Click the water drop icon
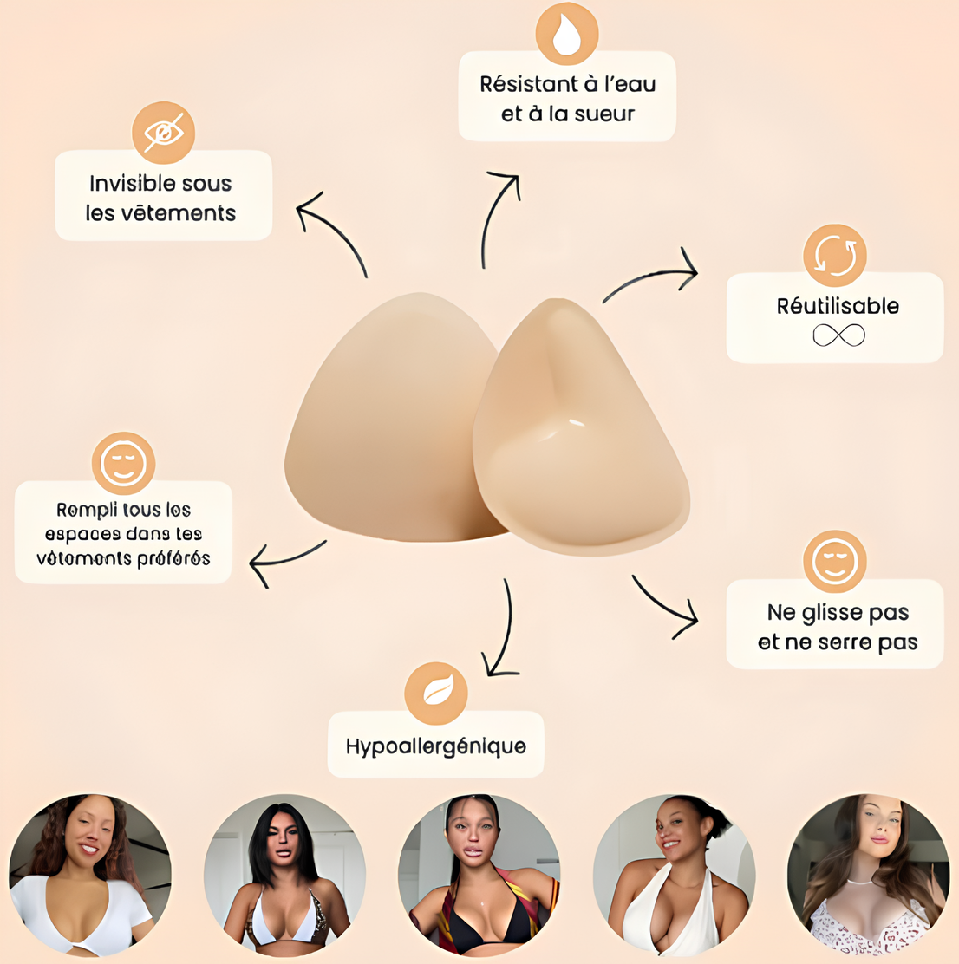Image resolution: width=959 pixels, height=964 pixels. pyautogui.click(x=567, y=35)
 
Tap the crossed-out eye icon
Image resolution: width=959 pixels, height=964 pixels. pyautogui.click(x=163, y=133)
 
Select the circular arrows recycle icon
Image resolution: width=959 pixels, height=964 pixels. pyautogui.click(x=834, y=256)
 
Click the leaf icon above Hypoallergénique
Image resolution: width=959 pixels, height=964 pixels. pyautogui.click(x=436, y=693)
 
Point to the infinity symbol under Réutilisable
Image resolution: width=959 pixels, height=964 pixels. pyautogui.click(x=838, y=335)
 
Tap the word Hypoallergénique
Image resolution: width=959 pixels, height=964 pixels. pyautogui.click(x=435, y=746)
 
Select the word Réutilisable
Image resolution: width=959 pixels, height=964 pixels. pyautogui.click(x=838, y=306)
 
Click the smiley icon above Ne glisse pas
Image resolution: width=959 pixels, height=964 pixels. pyautogui.click(x=834, y=562)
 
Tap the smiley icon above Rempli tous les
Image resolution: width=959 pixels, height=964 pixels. pyautogui.click(x=123, y=463)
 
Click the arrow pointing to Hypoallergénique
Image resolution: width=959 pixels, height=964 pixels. pyautogui.click(x=502, y=629)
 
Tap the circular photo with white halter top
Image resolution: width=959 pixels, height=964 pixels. pyautogui.click(x=674, y=875)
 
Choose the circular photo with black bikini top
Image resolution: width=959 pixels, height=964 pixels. pyautogui.click(x=479, y=875)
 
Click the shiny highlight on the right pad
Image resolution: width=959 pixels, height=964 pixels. pyautogui.click(x=573, y=422)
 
